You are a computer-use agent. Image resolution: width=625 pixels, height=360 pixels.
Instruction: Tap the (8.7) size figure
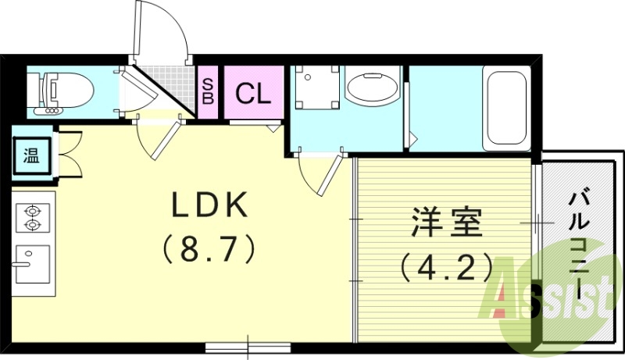click(209, 250)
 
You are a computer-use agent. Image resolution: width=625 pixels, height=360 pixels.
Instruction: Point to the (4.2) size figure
click(445, 268)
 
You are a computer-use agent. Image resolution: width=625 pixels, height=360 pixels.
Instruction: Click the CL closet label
click(253, 94)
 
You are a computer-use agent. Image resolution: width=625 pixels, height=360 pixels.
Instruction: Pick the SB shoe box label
click(208, 93)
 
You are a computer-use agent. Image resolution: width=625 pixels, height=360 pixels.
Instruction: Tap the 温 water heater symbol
click(30, 156)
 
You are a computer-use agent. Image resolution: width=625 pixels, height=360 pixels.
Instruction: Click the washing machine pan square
click(317, 92)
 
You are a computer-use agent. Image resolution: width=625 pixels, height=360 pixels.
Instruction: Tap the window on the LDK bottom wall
click(248, 344)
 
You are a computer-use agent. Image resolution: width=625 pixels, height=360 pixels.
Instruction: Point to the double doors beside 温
click(69, 156)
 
